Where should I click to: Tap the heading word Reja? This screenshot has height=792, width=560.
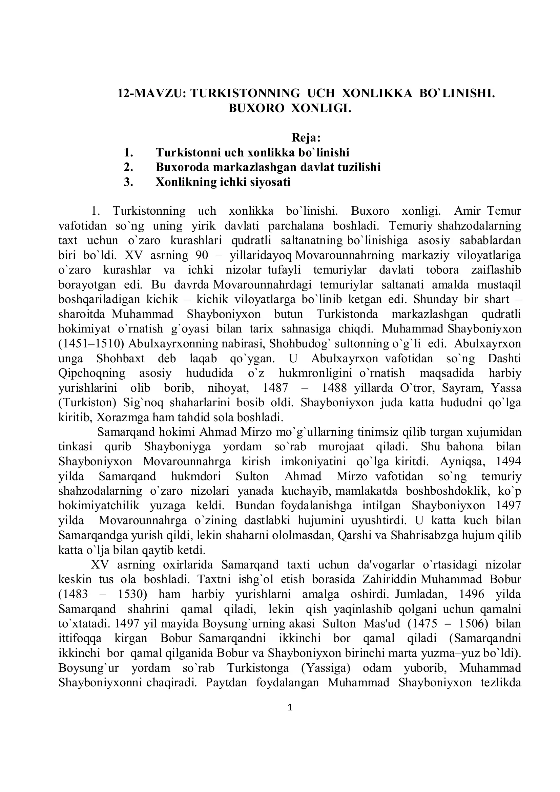click(x=306, y=137)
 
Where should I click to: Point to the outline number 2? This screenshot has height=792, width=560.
click(x=128, y=167)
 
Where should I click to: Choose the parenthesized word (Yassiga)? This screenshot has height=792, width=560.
click(x=326, y=668)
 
